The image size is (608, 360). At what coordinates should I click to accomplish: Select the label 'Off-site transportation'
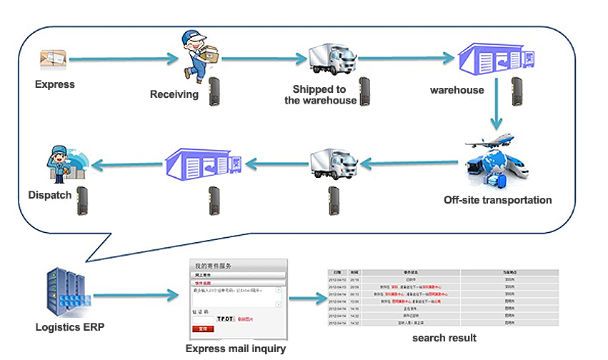click(497, 200)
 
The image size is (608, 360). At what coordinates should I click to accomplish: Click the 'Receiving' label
click(174, 94)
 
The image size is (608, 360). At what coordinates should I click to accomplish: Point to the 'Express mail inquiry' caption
click(236, 349)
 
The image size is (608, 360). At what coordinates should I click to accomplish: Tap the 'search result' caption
click(444, 337)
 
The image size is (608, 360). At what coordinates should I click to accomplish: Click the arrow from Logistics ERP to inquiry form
click(135, 294)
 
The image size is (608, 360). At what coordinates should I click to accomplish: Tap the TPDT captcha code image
click(225, 317)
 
